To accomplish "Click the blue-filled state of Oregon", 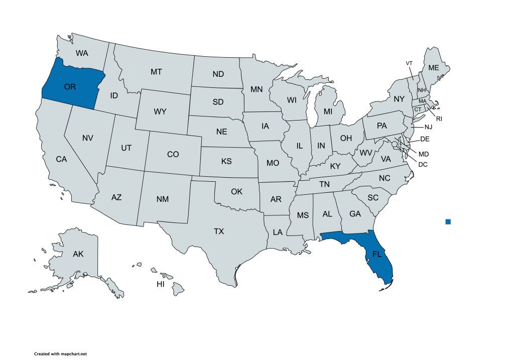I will point(70,86).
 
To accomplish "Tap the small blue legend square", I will point(448,221).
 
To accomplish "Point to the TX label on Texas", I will point(219,231).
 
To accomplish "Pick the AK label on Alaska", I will point(78,254).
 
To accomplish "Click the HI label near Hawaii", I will point(161,284).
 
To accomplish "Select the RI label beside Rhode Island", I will point(439,119).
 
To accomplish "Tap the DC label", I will point(423,163).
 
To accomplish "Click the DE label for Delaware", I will point(424,139).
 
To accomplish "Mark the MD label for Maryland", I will point(424,154).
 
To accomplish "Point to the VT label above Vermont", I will point(409,63).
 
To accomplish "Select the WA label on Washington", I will point(82,53).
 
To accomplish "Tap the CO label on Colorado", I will point(173,154).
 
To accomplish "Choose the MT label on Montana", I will point(156,72).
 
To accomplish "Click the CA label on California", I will point(61,159).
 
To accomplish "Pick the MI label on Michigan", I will point(328,110).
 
